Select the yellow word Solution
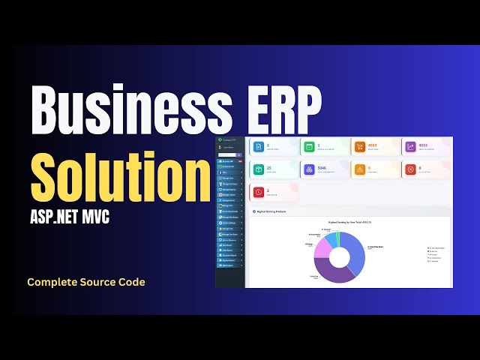tap(120, 171)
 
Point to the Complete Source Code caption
tap(86, 282)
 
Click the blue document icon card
tap(258, 147)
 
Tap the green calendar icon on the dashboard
tap(309, 147)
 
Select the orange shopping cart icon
tap(360, 147)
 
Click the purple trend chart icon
tap(410, 147)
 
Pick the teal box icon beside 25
tap(258, 169)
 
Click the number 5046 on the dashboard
tap(322, 168)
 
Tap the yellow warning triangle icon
tap(360, 169)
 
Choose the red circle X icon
tap(410, 169)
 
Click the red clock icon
tap(258, 192)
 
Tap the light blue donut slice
tap(330, 238)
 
